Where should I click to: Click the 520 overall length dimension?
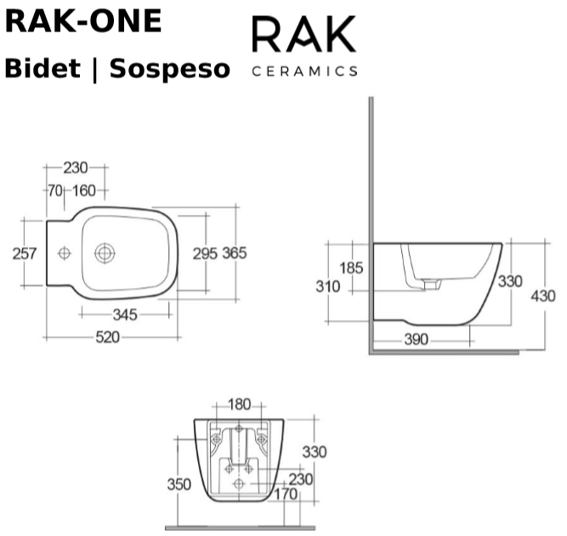coord(106,337)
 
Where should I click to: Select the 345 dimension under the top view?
coord(125,315)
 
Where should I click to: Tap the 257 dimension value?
coord(23,252)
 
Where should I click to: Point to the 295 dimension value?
coord(205,252)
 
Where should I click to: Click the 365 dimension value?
coord(235,252)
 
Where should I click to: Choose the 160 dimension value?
coord(84,190)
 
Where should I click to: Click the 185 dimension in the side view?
coord(352,268)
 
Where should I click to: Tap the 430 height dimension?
coord(542,296)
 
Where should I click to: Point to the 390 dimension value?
coord(416,340)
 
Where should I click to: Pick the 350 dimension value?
coord(179,484)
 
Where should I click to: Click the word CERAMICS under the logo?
coord(305,71)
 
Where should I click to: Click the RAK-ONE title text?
coord(83,21)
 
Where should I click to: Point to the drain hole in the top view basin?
coord(105,252)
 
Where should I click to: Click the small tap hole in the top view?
coord(63,252)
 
